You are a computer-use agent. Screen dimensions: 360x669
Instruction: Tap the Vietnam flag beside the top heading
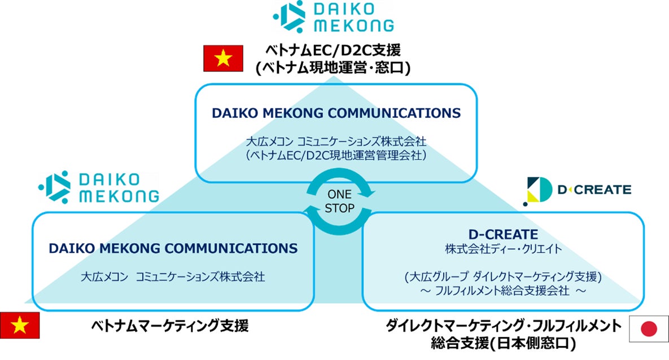click(x=223, y=59)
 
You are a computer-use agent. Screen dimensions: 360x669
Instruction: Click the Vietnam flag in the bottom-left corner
click(x=20, y=324)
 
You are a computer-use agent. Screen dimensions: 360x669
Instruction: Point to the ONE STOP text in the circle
click(x=339, y=201)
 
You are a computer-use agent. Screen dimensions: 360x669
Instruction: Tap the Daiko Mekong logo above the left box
click(x=99, y=188)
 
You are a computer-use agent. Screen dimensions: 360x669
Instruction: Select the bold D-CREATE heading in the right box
click(x=503, y=234)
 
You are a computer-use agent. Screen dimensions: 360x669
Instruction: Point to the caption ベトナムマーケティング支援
click(x=169, y=326)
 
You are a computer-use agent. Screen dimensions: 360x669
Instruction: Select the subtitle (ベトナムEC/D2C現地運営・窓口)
click(x=333, y=68)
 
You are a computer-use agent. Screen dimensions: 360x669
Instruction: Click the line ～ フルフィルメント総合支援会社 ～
click(x=502, y=291)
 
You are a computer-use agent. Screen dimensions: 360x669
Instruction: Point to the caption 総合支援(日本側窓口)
click(x=503, y=342)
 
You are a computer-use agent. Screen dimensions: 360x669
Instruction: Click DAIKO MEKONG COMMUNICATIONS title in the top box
click(x=336, y=113)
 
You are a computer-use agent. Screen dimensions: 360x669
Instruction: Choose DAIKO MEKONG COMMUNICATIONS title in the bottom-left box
click(x=173, y=248)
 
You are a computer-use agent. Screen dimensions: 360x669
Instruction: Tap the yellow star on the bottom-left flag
click(x=20, y=324)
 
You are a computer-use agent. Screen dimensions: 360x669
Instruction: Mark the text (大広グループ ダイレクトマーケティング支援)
click(x=503, y=277)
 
